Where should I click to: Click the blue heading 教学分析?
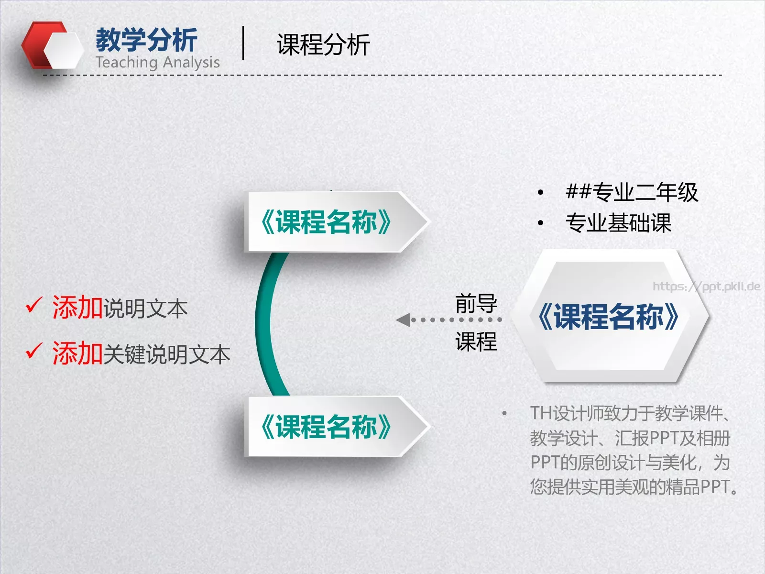pyautogui.click(x=146, y=40)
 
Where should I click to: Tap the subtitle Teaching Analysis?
pyautogui.click(x=157, y=63)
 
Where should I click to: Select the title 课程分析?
pyautogui.click(x=323, y=45)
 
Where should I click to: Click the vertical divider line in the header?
pyautogui.click(x=243, y=43)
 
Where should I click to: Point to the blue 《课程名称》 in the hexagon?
pyautogui.click(x=608, y=317)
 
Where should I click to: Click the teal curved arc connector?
pyautogui.click(x=264, y=325)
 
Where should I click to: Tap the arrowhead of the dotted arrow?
pyautogui.click(x=403, y=320)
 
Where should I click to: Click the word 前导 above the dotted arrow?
pyautogui.click(x=476, y=303)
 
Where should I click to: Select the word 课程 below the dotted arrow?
pyautogui.click(x=476, y=342)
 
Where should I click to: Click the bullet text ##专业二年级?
pyautogui.click(x=632, y=192)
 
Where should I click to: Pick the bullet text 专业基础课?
pyautogui.click(x=618, y=223)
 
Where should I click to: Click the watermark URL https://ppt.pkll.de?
pyautogui.click(x=706, y=287)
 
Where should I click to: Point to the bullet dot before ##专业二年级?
pyautogui.click(x=540, y=193)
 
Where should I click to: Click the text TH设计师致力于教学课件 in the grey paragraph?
pyautogui.click(x=626, y=413)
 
